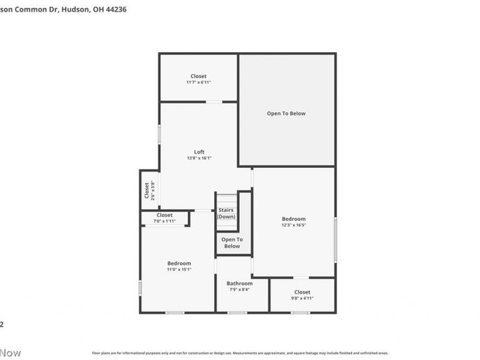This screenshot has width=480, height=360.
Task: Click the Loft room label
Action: click(199, 151)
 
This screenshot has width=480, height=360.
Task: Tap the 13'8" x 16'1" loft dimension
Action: click(199, 158)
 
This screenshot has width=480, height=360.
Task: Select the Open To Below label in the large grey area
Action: click(287, 113)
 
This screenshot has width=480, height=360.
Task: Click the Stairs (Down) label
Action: click(226, 213)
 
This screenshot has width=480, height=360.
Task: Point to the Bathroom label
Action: click(239, 283)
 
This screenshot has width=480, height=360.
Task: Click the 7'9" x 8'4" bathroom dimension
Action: click(239, 289)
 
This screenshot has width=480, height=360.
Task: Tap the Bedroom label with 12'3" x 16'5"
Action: click(293, 219)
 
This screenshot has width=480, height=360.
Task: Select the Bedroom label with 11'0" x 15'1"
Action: click(179, 263)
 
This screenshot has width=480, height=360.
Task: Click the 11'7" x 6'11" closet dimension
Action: click(199, 82)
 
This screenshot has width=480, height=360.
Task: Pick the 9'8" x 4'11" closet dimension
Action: click(302, 298)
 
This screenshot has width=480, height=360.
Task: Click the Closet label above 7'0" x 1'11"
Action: click(164, 215)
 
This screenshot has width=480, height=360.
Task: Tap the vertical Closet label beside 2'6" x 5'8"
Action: click(147, 190)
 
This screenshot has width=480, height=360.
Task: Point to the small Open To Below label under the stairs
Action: click(232, 242)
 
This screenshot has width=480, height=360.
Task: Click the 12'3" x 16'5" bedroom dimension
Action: click(293, 226)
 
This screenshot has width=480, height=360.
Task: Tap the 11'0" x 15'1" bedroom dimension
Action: click(179, 269)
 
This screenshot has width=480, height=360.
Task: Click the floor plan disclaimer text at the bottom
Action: click(240, 353)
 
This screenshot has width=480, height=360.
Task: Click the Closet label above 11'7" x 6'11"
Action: click(199, 76)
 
